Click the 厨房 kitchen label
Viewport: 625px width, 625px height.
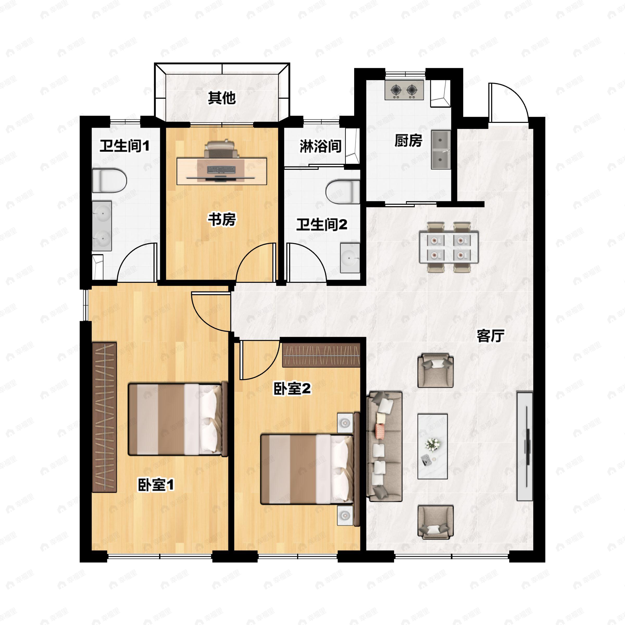tap(408, 141)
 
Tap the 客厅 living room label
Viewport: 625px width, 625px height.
tap(490, 336)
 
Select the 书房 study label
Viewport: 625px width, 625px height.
tap(222, 219)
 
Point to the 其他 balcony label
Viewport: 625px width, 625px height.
tap(222, 98)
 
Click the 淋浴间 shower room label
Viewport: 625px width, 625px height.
tap(320, 146)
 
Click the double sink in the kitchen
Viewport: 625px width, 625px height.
tap(441, 149)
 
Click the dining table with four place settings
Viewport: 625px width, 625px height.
tap(448, 247)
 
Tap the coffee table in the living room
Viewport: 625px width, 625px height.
tap(433, 446)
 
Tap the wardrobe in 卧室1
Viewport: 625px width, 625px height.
tap(104, 417)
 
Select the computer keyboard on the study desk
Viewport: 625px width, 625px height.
tap(221, 170)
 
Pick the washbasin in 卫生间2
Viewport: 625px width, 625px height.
tap(350, 258)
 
